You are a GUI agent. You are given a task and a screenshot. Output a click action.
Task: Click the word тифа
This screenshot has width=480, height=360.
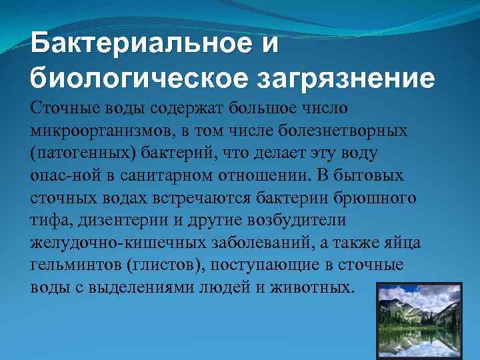point(47,222)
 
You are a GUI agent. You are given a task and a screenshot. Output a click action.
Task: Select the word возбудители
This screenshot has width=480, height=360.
point(289,222)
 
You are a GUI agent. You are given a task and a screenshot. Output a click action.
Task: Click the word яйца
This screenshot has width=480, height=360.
point(401,245)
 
